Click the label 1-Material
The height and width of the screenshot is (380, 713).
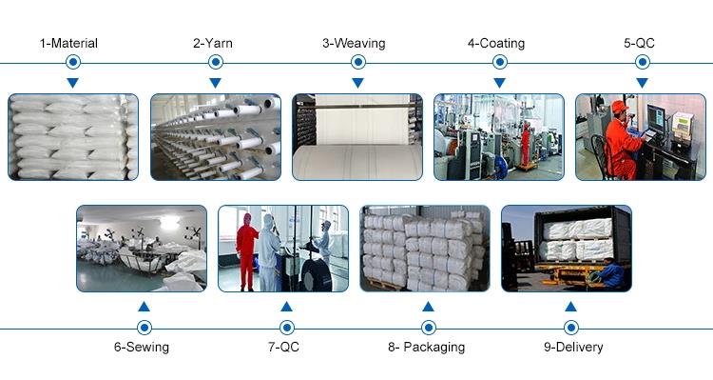coord(68,43)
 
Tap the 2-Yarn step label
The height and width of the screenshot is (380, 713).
coord(213,43)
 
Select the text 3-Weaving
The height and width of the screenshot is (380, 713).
coord(354,44)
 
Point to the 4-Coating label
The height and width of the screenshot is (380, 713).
coord(496,44)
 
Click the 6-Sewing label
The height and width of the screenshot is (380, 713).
coord(142,348)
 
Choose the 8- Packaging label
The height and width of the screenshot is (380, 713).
coord(427,348)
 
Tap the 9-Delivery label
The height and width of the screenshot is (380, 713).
coord(573,348)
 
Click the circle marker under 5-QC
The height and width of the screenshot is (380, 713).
coord(642,62)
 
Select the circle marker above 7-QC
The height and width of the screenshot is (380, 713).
coord(286,328)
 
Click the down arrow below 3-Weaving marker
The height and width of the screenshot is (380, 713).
coord(357,83)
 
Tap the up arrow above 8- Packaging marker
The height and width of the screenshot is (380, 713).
coord(428,307)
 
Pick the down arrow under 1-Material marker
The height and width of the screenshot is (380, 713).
coord(73,83)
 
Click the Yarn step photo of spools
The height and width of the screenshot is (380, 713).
coord(216,137)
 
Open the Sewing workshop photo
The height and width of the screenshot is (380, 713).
coord(142,249)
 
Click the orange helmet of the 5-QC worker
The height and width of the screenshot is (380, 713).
coord(619,107)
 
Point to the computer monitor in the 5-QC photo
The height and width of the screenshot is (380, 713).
coord(655,118)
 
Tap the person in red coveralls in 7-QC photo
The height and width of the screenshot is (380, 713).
coord(246,252)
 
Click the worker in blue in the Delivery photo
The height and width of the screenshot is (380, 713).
coord(611,273)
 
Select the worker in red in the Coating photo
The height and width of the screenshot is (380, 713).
coord(526,144)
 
